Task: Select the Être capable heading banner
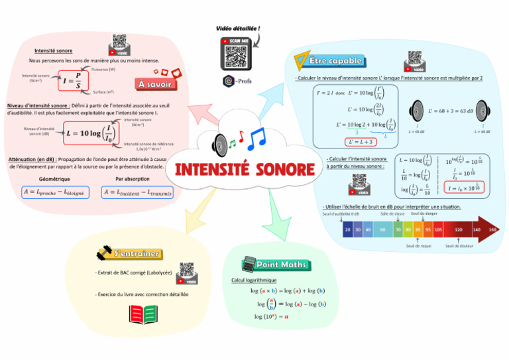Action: click(x=336, y=61)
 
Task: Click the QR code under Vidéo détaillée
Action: click(x=237, y=54)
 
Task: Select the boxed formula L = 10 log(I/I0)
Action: click(x=91, y=133)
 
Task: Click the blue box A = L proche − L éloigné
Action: click(x=55, y=192)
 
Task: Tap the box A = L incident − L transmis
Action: click(x=137, y=192)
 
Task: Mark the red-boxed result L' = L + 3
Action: click(x=361, y=141)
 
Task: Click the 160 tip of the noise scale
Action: click(x=492, y=229)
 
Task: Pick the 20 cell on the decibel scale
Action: click(x=348, y=229)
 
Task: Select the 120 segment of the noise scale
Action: click(x=458, y=229)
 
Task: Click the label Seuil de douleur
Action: click(x=457, y=246)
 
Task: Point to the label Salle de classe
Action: click(x=392, y=213)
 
